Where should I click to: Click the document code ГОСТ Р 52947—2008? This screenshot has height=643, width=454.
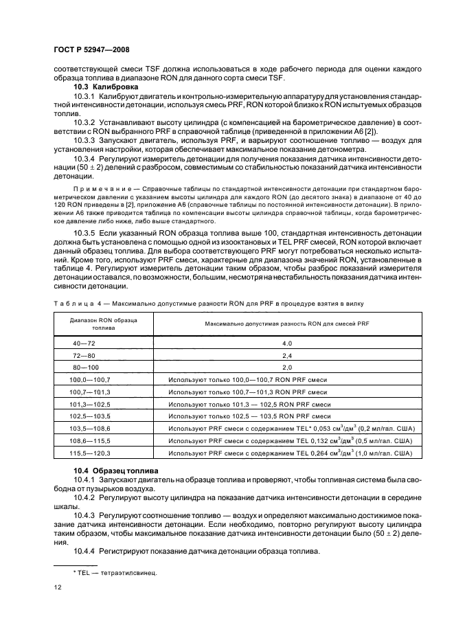(x=91, y=50)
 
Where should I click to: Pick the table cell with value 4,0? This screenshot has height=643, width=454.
(x=287, y=342)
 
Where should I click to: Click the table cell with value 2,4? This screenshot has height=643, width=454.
(x=287, y=354)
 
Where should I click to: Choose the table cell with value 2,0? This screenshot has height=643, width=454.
(x=287, y=367)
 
